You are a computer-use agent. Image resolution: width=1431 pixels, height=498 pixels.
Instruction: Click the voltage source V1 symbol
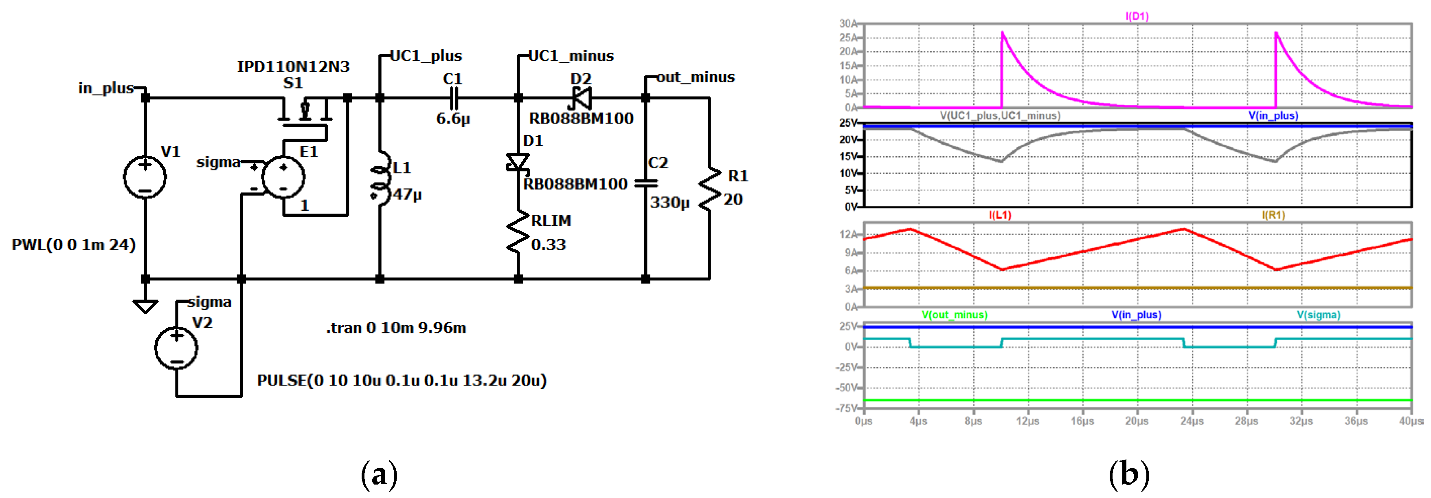(x=145, y=177)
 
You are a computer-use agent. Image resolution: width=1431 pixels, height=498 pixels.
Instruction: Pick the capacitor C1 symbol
(x=453, y=98)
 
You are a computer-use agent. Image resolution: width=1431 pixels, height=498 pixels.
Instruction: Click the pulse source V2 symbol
(x=176, y=348)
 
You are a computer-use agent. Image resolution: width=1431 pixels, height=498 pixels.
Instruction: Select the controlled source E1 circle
(x=283, y=177)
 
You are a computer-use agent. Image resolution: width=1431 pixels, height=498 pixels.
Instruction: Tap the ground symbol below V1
(x=145, y=305)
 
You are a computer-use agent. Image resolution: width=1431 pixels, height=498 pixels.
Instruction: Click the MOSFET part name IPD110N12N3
(x=293, y=67)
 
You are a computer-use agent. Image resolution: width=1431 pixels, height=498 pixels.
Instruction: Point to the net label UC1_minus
(x=571, y=55)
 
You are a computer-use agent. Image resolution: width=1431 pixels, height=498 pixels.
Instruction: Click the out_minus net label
(x=696, y=77)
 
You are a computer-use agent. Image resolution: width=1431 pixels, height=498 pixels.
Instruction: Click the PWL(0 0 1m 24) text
(x=74, y=245)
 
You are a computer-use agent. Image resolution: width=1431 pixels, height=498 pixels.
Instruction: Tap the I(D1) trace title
(x=1137, y=16)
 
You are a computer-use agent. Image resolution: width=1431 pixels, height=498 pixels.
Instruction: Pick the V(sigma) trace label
(x=1318, y=315)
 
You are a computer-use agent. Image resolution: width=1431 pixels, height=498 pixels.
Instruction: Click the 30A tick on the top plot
(x=848, y=23)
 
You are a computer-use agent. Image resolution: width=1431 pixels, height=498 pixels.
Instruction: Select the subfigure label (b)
(x=1129, y=474)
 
